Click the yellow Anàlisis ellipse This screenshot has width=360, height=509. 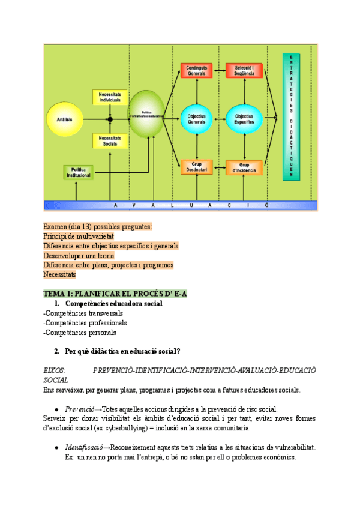click(65, 119)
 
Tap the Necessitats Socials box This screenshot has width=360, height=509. click(110, 141)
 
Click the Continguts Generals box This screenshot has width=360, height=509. click(196, 71)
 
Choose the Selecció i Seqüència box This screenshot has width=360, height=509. click(244, 71)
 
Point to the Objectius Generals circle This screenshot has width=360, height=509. click(196, 119)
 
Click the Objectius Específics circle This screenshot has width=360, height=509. click(244, 119)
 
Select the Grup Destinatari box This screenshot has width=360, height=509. click(196, 167)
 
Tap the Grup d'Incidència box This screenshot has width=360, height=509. click(244, 167)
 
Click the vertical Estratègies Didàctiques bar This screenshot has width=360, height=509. click(292, 116)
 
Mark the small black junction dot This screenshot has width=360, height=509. click(110, 119)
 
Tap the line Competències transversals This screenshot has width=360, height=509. click(83, 313)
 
